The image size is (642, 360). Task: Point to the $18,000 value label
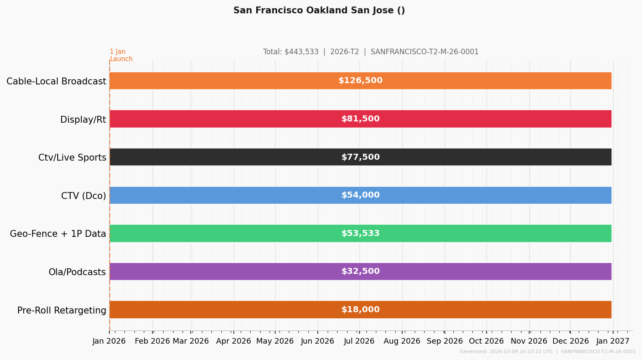pyautogui.click(x=360, y=310)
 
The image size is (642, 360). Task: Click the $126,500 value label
pyautogui.click(x=360, y=81)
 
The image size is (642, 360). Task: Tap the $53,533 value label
pyautogui.click(x=360, y=233)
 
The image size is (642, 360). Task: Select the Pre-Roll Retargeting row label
pyautogui.click(x=62, y=310)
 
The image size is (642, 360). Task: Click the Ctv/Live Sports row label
pyautogui.click(x=72, y=158)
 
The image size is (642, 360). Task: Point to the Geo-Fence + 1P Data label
pyautogui.click(x=58, y=234)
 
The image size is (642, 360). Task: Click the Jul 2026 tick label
pyautogui.click(x=360, y=341)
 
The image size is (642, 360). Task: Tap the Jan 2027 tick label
pyautogui.click(x=613, y=341)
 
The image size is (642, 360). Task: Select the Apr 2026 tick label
pyautogui.click(x=233, y=341)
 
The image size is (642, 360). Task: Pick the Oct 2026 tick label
pyautogui.click(x=486, y=341)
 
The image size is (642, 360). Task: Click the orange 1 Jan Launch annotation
pyautogui.click(x=121, y=56)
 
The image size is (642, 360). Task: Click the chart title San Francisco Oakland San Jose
pyautogui.click(x=319, y=11)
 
